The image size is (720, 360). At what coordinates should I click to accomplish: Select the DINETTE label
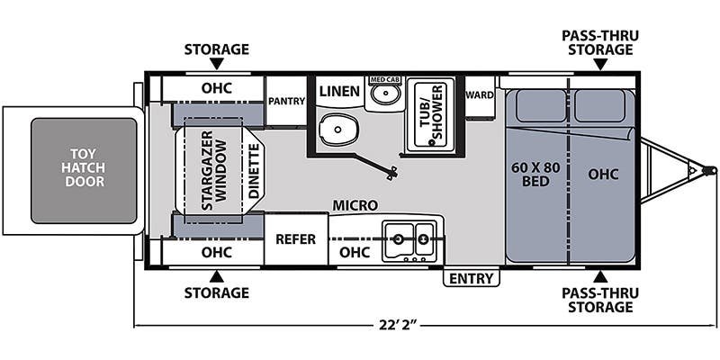[253, 170]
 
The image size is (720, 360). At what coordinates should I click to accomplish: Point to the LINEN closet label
[340, 92]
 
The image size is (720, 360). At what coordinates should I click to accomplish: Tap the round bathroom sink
[386, 94]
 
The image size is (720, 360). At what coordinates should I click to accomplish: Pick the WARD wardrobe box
[478, 93]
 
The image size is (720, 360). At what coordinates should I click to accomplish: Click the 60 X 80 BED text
[535, 174]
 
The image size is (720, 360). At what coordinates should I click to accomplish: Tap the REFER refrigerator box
[295, 238]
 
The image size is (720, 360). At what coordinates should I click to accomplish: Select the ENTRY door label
[471, 278]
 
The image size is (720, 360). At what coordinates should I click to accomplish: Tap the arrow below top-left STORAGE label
[216, 64]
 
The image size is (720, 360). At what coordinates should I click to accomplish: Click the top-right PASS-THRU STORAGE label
[599, 42]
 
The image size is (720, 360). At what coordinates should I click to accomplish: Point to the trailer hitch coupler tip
[709, 168]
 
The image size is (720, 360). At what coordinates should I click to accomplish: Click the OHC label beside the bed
[604, 174]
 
